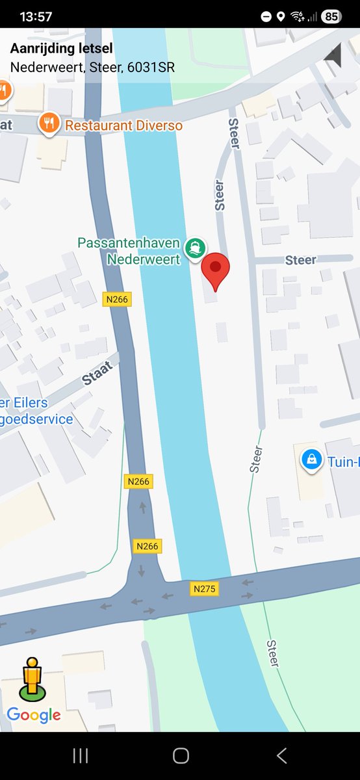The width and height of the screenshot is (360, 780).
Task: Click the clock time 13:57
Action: click(36, 17)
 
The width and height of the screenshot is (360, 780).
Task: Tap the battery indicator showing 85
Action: click(331, 17)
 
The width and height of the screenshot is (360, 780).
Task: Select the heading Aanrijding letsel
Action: click(61, 48)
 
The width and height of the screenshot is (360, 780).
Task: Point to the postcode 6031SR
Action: click(151, 67)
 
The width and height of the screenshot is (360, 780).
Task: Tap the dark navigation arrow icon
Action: click(333, 55)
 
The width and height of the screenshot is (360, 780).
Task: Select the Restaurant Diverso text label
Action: click(123, 125)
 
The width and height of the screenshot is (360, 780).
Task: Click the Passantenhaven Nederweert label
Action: click(129, 252)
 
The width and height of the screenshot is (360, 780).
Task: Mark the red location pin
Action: click(216, 270)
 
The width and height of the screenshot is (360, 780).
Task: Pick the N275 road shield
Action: click(205, 589)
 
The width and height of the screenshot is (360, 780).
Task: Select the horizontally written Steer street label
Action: click(300, 260)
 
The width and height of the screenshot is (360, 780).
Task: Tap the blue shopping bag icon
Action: click(312, 460)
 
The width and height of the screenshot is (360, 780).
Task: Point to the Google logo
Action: click(34, 716)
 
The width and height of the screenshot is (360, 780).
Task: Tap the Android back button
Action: click(281, 755)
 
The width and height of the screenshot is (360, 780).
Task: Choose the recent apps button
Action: click(81, 755)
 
